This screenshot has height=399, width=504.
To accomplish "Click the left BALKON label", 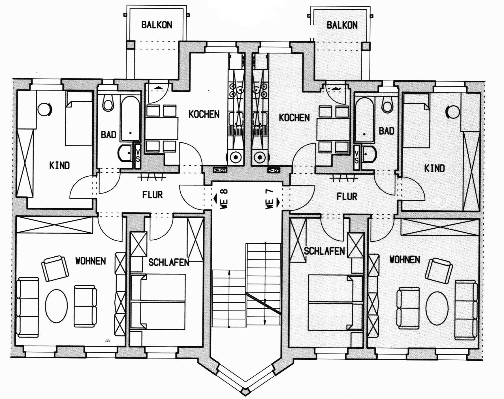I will (x=157, y=25).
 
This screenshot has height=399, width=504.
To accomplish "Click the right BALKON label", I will (x=342, y=25).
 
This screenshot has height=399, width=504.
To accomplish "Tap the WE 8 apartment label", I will (x=224, y=199).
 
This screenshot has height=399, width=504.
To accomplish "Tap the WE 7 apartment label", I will (x=270, y=199).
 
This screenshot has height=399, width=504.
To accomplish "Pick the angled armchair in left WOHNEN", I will (x=55, y=268).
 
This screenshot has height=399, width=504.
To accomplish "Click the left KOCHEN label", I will (x=204, y=114).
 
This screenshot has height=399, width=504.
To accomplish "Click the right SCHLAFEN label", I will (x=324, y=251).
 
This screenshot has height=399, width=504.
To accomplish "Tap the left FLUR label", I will (x=152, y=195).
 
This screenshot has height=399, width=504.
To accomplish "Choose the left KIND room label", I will (x=59, y=165).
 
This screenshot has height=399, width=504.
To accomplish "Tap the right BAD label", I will (x=386, y=131).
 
